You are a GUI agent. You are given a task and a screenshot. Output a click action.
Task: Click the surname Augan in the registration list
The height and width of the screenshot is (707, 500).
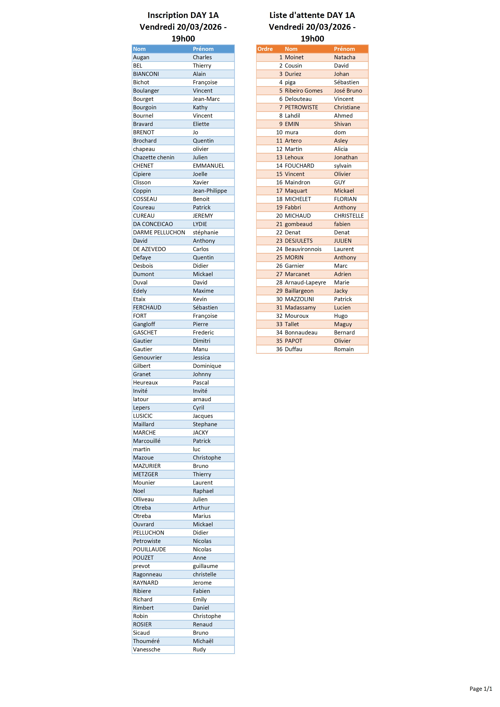click(141, 57)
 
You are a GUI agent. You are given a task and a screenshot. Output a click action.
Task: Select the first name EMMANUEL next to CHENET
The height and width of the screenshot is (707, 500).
click(209, 166)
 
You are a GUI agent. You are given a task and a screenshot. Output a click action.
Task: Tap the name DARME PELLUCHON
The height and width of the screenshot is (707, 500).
click(159, 232)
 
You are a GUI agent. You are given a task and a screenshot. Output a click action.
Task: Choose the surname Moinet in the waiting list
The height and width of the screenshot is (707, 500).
click(294, 57)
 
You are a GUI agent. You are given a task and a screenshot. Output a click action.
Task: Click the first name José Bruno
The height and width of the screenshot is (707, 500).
click(348, 90)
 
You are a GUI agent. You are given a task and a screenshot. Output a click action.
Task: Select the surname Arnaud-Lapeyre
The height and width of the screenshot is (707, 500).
click(305, 282)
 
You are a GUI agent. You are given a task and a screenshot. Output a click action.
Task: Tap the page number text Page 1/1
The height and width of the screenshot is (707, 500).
click(481, 689)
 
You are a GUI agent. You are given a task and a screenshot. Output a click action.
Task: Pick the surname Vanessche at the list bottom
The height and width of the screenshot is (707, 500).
click(146, 649)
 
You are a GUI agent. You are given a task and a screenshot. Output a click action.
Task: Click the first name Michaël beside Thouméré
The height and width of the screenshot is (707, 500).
click(203, 641)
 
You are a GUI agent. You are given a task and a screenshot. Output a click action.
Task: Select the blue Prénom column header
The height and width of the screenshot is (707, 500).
click(203, 49)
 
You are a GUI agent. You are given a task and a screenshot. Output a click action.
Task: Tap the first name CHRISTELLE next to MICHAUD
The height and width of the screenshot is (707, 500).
click(349, 216)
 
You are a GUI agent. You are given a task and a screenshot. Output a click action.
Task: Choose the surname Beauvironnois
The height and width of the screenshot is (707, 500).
click(303, 249)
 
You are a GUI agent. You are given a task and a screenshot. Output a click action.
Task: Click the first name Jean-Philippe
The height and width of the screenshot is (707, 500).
click(210, 191)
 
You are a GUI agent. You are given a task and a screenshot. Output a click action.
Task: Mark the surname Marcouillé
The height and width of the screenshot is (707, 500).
click(146, 441)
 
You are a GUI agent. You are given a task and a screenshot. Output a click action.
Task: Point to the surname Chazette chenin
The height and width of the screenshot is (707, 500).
click(153, 157)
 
